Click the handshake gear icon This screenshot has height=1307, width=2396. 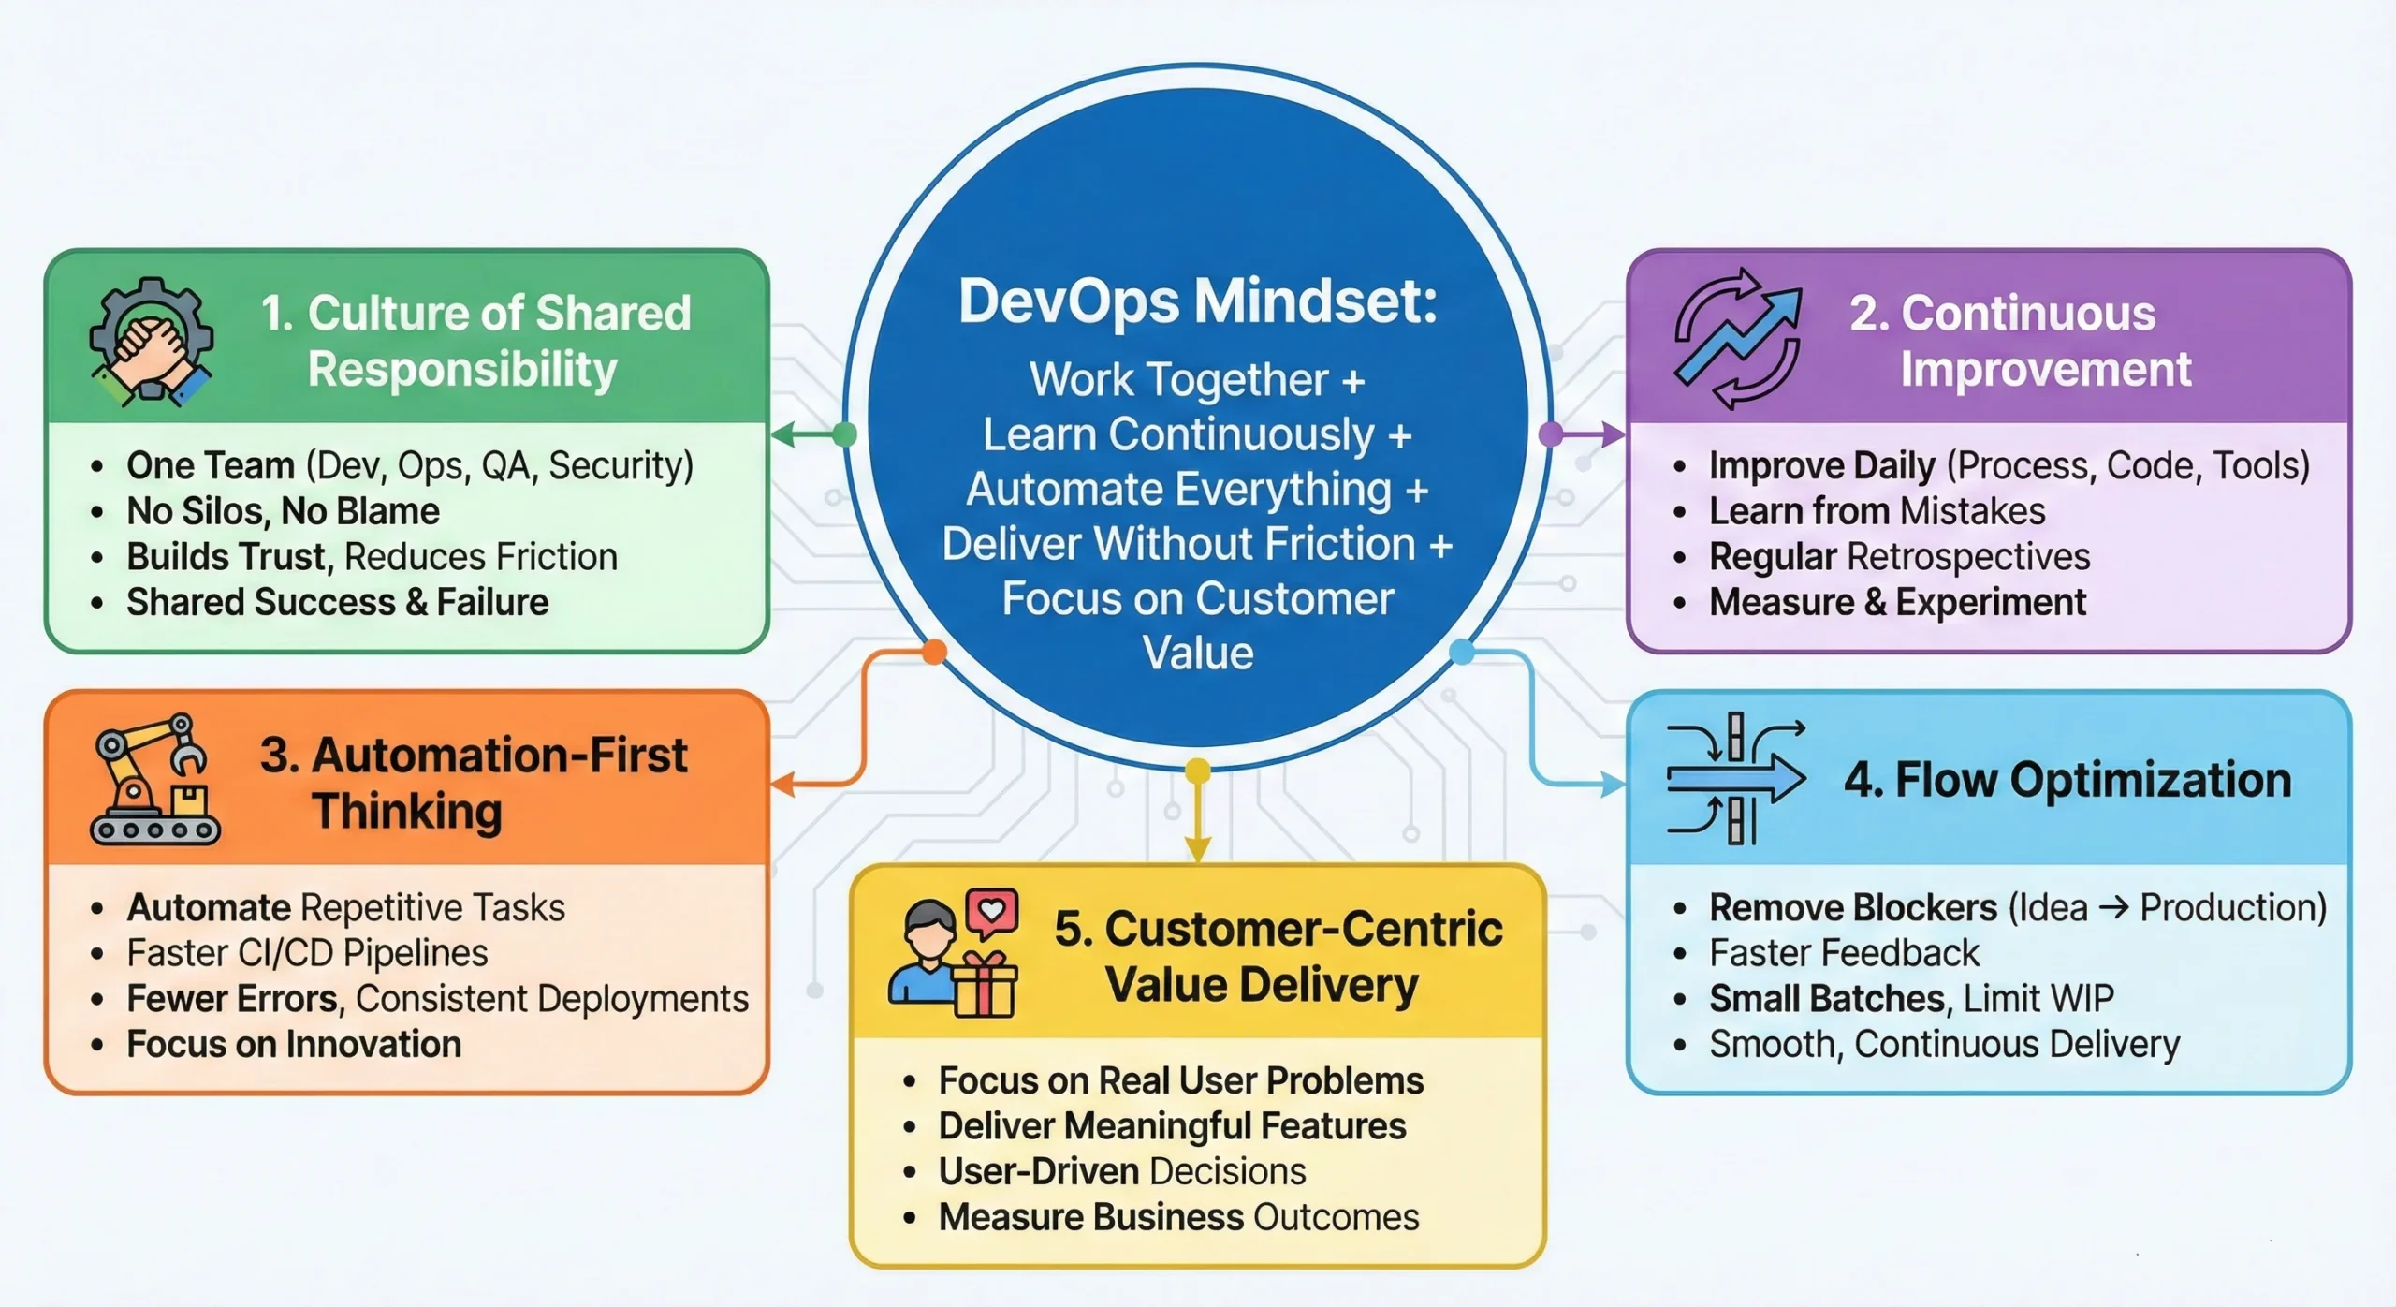151,342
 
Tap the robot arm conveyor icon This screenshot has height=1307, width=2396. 154,780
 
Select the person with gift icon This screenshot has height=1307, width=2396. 952,953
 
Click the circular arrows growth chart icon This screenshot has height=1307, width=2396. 1737,339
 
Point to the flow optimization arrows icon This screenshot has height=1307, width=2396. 1736,779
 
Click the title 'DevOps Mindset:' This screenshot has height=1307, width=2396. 1197,301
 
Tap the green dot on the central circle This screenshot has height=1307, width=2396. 844,434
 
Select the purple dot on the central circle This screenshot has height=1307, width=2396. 1551,433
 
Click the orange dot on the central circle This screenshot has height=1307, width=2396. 934,652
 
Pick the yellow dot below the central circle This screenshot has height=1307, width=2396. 1197,771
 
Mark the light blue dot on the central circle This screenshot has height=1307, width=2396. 1461,652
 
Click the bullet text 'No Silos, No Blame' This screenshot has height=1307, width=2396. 283,511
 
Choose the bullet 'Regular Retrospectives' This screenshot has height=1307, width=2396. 1899,557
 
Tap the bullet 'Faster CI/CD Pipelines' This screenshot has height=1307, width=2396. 307,953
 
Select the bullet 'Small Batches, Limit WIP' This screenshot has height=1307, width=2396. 1910,999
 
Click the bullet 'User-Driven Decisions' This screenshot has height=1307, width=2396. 1121,1172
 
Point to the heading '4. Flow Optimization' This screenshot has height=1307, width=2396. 2067,780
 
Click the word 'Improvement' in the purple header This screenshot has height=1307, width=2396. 2045,369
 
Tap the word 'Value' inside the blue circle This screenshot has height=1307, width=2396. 1197,653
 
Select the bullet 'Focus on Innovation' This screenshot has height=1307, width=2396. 294,1045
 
